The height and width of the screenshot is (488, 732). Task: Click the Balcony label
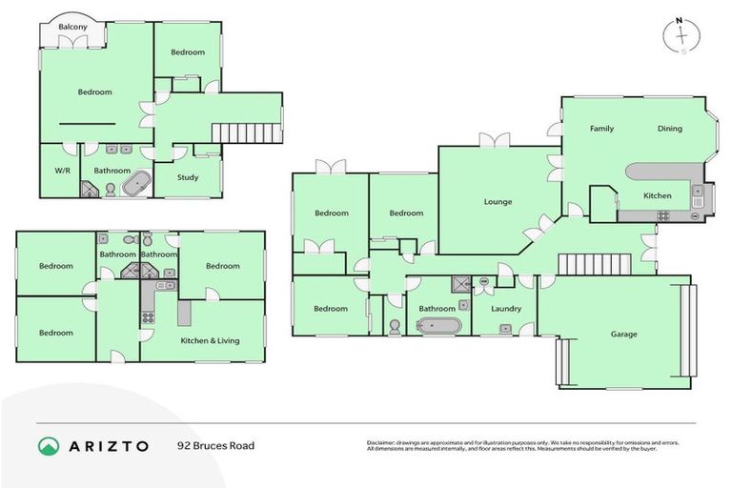72,27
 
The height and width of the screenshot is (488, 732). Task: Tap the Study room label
187,177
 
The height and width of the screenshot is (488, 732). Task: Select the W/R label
55,171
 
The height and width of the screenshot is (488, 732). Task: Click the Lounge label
498,202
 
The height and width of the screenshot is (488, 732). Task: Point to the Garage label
624,335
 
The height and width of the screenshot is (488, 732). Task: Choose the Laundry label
506,309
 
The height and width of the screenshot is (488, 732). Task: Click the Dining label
669,129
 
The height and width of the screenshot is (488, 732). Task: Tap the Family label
601,129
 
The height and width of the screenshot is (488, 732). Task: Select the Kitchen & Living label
211,340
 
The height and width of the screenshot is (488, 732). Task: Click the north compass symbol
682,35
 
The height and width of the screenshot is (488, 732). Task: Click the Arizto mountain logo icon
49,445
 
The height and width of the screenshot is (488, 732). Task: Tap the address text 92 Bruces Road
215,445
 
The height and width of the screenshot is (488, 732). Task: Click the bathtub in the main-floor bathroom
438,325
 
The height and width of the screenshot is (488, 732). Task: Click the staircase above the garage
595,263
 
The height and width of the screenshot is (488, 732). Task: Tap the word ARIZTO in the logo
110,445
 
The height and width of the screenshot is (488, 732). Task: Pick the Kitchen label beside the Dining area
658,195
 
